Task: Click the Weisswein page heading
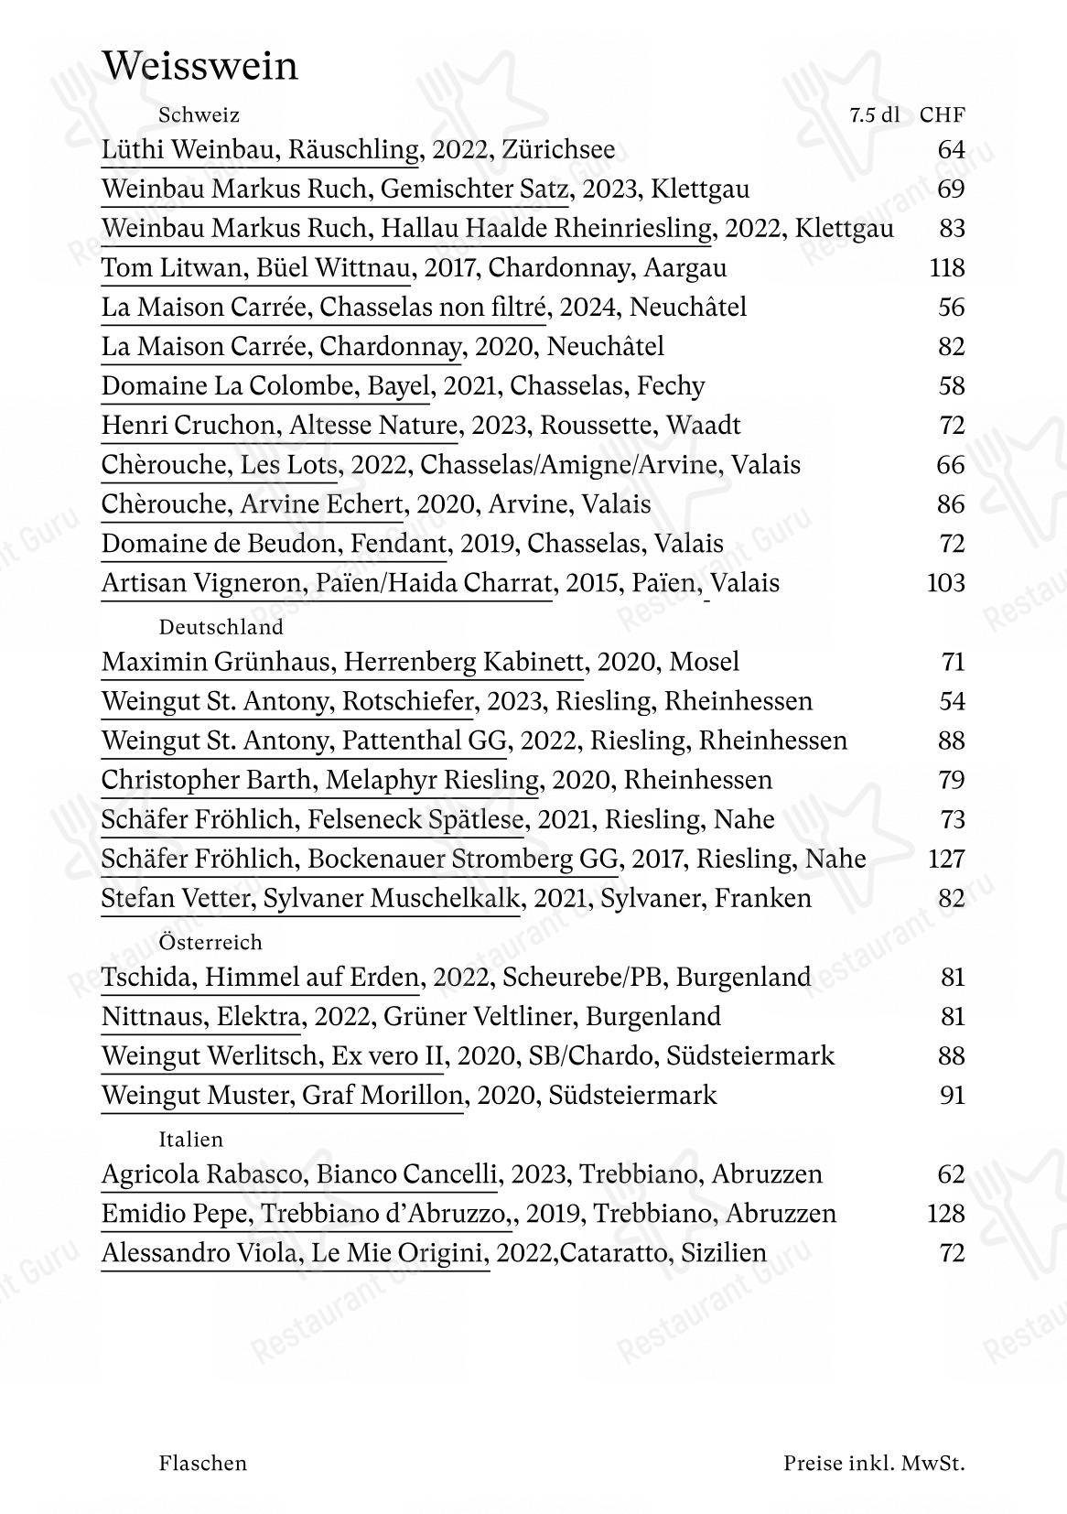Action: coord(199,67)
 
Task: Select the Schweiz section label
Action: coord(199,115)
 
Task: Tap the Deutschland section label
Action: coord(221,627)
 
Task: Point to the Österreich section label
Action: coord(210,942)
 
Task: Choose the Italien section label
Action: coord(190,1140)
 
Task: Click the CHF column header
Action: coord(943,115)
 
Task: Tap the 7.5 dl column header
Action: coord(874,115)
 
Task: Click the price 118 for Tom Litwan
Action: coord(946,267)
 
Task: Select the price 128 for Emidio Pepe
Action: coord(946,1214)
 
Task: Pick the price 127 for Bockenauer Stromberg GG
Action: coord(946,859)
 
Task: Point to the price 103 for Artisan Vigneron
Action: coord(946,583)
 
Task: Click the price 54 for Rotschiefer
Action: coord(952,701)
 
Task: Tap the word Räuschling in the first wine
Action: coord(353,149)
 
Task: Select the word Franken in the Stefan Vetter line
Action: coord(762,898)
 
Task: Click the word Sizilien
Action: coord(723,1253)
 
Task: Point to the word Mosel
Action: coord(705,662)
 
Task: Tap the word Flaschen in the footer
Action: coord(202,1463)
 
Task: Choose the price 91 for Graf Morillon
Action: coord(953,1096)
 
